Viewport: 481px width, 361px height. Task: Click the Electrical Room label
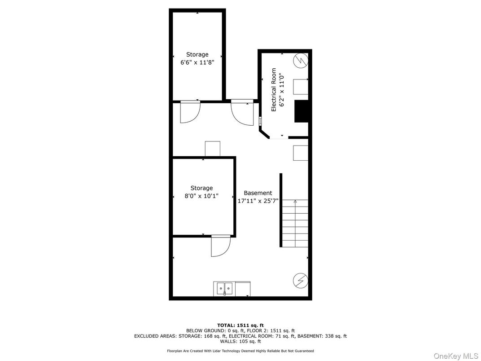273,89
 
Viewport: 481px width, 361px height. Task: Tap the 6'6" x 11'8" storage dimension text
197,63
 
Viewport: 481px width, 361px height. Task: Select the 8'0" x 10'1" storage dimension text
201,196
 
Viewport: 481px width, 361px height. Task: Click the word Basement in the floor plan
258,193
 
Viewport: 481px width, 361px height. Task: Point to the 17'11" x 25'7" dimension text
258,201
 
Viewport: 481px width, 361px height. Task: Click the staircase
295,223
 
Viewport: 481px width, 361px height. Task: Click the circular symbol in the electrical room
301,60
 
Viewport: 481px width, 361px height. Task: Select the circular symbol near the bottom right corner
300,281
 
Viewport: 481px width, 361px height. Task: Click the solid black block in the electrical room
301,111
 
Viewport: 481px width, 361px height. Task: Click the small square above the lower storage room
212,149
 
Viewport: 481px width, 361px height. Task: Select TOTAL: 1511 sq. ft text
240,325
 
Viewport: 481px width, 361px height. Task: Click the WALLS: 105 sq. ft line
240,341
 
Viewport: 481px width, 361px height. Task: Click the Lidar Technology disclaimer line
240,351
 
